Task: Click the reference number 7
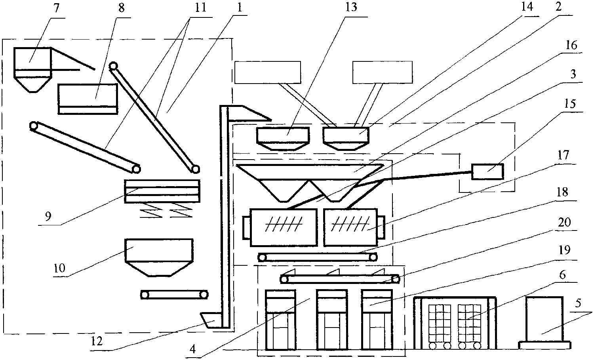56,9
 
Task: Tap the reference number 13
351,7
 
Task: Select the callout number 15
569,103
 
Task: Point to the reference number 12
97,341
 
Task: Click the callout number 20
564,222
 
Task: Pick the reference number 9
48,217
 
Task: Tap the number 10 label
59,268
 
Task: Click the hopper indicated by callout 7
32,70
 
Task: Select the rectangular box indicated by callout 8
88,99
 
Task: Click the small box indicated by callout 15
487,171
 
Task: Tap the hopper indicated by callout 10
159,257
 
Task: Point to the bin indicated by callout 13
283,139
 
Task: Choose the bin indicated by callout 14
346,139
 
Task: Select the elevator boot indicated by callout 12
211,320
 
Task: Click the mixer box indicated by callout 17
354,227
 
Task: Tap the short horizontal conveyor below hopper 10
174,295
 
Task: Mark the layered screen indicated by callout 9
162,191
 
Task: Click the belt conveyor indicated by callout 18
318,257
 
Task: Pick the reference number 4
193,349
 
